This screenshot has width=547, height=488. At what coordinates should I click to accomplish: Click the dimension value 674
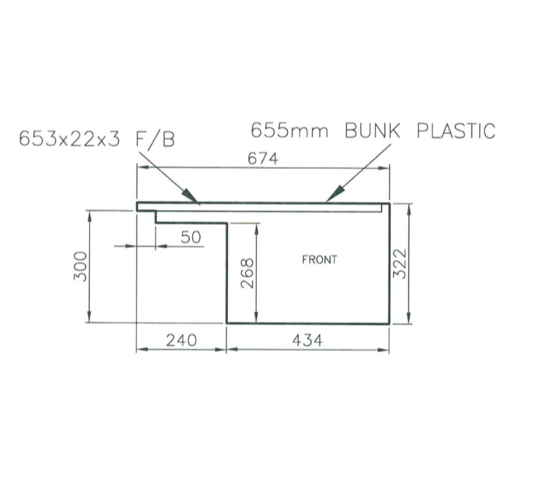[x=263, y=159]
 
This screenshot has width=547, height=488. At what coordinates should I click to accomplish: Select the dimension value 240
[x=180, y=340]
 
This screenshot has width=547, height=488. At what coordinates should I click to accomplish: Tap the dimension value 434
[x=307, y=340]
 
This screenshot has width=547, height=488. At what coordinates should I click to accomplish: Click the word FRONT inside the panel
[x=319, y=260]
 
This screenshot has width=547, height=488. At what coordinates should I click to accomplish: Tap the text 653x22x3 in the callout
[x=70, y=139]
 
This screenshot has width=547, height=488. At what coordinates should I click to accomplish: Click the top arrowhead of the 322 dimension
[x=409, y=208]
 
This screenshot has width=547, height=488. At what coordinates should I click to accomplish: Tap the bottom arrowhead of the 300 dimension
[x=89, y=318]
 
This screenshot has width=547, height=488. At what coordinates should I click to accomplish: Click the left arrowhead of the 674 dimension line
[x=141, y=169]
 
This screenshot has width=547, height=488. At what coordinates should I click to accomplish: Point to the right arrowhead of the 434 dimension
[x=385, y=349]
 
